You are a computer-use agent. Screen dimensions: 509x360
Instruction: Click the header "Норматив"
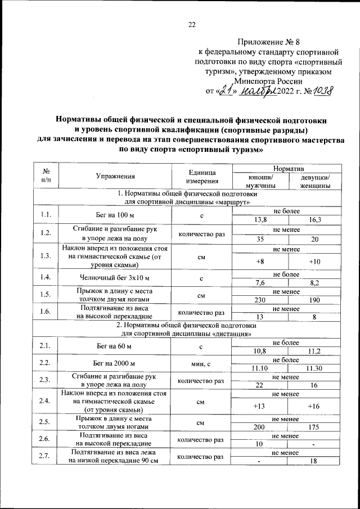point(287,168)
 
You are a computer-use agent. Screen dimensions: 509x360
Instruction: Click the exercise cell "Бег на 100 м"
point(115,215)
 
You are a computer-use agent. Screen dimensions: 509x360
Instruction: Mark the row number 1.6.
point(46,312)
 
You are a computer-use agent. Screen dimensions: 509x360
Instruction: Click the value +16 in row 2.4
point(314,406)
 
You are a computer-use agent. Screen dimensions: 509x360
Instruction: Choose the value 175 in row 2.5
point(314,427)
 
